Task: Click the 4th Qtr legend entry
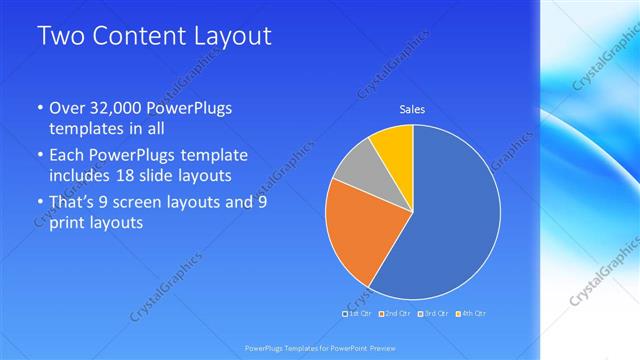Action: click(472, 314)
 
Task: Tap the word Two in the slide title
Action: click(60, 37)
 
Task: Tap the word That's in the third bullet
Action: click(75, 202)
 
